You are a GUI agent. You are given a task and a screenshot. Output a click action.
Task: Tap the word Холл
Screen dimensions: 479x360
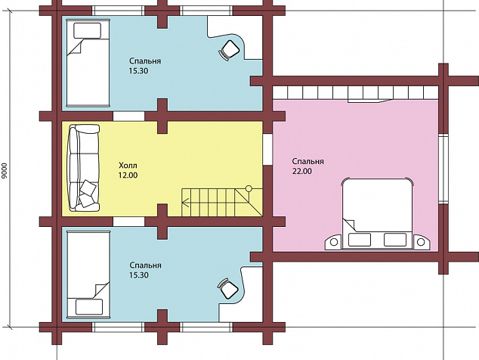coord(128,166)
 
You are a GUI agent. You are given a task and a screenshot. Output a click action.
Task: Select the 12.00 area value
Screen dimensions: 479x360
coord(128,175)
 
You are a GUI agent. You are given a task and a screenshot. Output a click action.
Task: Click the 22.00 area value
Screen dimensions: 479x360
coord(302,171)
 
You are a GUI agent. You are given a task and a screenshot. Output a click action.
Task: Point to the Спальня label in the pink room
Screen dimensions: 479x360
coord(308,161)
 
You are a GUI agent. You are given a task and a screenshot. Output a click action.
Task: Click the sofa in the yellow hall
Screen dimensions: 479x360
coord(84,168)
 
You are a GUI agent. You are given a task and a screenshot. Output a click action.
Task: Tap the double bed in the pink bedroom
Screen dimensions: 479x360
coord(377,214)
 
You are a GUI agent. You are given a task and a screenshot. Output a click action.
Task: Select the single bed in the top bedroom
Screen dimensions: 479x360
coord(88,63)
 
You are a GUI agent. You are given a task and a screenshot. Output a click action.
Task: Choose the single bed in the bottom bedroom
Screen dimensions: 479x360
coord(88,275)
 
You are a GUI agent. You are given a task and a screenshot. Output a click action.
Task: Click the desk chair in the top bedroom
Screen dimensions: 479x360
coord(229,50)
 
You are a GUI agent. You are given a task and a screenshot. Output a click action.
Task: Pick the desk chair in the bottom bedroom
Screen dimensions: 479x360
coord(228,289)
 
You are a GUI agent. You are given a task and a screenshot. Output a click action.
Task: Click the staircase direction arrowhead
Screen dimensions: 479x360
coord(185,202)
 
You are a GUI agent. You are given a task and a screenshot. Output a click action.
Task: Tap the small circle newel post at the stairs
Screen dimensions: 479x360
coord(249,188)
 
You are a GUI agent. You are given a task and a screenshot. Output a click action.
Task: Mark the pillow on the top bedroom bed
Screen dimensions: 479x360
coord(88,30)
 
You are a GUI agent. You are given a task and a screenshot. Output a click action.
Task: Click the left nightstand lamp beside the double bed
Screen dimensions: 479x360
coord(334,242)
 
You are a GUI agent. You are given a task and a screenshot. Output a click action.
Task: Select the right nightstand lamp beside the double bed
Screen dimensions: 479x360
coord(421,242)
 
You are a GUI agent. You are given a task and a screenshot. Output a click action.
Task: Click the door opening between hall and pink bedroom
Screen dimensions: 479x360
coord(267,149)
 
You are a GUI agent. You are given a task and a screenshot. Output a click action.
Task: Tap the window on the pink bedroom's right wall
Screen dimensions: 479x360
coord(443,169)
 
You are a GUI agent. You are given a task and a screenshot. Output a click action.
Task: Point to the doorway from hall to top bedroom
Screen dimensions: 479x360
coord(128,116)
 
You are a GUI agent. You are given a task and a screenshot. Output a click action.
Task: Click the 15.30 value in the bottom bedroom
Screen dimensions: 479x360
coord(139,275)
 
